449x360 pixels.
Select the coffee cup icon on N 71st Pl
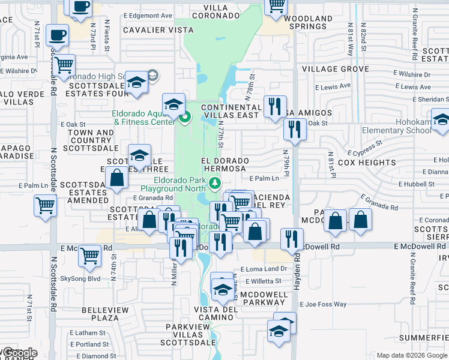[57, 35]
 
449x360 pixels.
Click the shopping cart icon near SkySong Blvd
[89, 256]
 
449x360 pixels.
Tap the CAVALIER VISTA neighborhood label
[150, 29]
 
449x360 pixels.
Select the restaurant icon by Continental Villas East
[275, 107]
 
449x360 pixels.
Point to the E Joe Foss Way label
[324, 304]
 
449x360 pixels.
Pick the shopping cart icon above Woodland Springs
[276, 6]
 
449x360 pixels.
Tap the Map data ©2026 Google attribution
[412, 355]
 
